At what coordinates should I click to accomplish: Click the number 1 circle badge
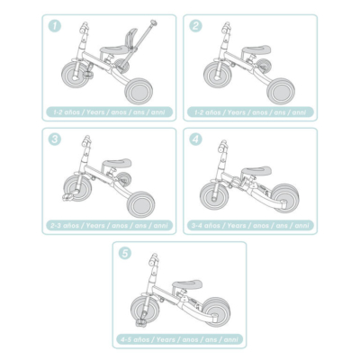tap(55, 25)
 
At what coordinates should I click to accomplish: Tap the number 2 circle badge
tap(195, 25)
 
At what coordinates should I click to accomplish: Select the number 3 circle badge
tap(55, 139)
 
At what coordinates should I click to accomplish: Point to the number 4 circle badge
tap(195, 139)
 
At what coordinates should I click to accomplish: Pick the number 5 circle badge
tap(125, 253)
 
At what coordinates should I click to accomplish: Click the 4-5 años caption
tap(180, 339)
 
